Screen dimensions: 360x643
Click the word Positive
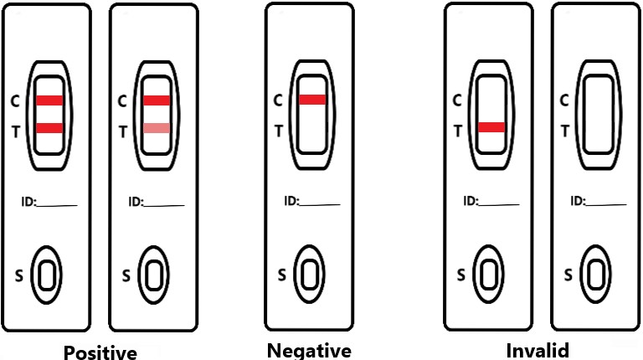point(100,352)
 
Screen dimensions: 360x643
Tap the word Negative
point(309,350)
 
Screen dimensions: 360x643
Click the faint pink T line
point(157,128)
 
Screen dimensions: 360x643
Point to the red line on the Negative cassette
point(312,100)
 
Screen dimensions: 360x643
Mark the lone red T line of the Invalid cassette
point(491,127)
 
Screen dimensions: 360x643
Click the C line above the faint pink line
point(157,100)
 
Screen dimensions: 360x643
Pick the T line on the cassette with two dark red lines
point(49,127)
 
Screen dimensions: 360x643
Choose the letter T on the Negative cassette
point(279,130)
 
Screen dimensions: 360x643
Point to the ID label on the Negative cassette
point(291,200)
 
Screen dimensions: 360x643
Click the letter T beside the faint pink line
point(122,131)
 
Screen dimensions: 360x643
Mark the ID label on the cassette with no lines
point(577,201)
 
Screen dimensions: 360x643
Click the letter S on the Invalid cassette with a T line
point(460,273)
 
